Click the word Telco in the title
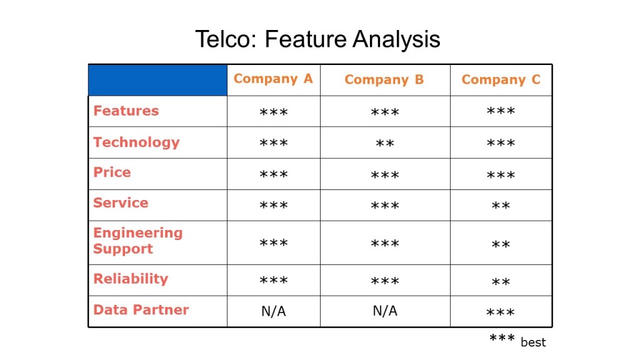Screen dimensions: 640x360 click(226, 39)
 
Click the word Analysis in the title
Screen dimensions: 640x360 click(396, 39)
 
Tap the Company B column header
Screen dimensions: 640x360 click(384, 79)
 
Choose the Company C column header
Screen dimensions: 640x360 click(501, 79)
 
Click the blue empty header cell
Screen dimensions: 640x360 click(158, 80)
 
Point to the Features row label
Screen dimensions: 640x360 click(126, 111)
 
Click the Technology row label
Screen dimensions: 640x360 click(136, 142)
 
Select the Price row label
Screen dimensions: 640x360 click(112, 172)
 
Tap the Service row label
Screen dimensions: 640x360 click(121, 202)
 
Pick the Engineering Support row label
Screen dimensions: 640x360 click(137, 241)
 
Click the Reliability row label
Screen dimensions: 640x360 click(131, 279)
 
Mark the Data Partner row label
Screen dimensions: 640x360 click(141, 309)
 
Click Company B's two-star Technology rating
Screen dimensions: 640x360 click(384, 143)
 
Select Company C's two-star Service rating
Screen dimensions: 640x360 click(501, 205)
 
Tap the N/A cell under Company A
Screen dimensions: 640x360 click(274, 311)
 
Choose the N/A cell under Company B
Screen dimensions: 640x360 click(385, 311)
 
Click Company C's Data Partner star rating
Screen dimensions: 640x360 click(501, 312)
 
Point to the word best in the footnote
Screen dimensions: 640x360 click(533, 342)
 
